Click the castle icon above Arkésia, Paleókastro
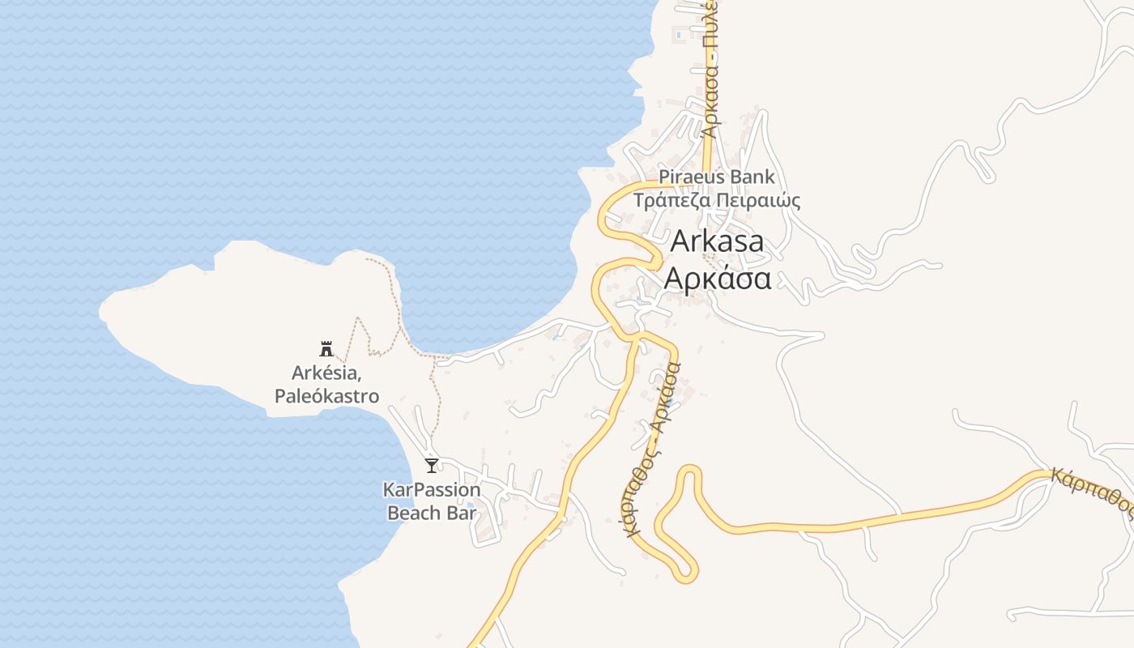(x=326, y=349)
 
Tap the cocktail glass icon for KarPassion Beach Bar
(x=432, y=465)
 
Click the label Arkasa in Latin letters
(x=717, y=241)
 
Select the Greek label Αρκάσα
(x=717, y=278)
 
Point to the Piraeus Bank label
(x=717, y=177)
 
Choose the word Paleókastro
(x=326, y=396)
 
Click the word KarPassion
(x=432, y=490)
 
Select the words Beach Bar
(x=432, y=513)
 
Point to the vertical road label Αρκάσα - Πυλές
(x=710, y=69)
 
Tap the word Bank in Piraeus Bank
(x=752, y=177)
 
